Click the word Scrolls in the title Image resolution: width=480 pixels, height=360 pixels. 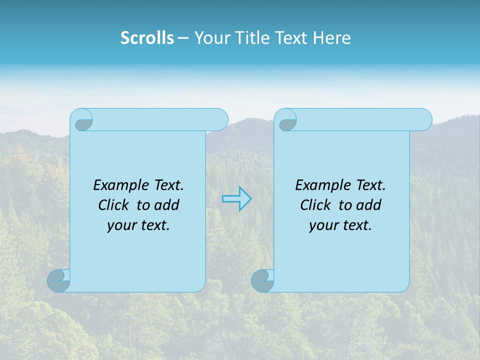tap(147, 38)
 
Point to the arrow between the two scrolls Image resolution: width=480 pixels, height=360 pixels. tap(236, 199)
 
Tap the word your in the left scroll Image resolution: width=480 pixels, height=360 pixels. tap(121, 225)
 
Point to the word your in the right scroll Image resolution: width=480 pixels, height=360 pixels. tap(323, 225)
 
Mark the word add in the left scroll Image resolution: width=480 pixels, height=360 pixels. tap(167, 205)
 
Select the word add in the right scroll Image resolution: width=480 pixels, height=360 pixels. tap(369, 205)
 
